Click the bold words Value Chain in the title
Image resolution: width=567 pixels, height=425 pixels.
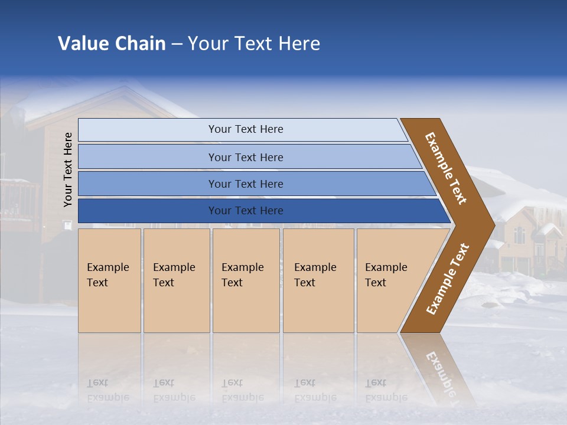tap(112, 44)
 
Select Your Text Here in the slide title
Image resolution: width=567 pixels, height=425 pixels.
tap(254, 44)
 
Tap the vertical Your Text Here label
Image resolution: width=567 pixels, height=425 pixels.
tap(68, 169)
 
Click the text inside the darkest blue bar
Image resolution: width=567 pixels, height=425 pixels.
tap(246, 211)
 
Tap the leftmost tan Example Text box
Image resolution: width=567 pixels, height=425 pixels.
tap(109, 280)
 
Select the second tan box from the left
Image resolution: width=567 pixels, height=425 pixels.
tap(176, 280)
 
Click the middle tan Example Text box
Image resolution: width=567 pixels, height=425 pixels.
tap(246, 280)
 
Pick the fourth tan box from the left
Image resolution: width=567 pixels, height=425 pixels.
tap(318, 280)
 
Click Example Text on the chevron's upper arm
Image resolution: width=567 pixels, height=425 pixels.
tap(446, 168)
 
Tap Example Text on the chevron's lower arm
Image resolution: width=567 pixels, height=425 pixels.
tap(447, 279)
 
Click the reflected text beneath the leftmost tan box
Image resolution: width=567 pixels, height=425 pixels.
tap(107, 390)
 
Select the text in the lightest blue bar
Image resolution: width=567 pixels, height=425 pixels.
tap(246, 129)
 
